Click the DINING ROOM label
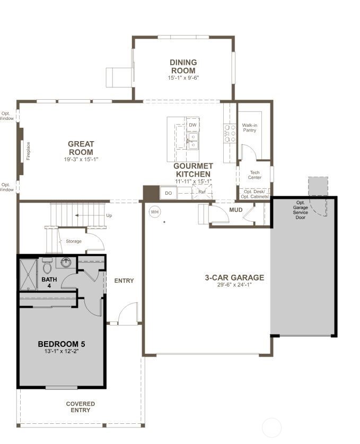[183, 66]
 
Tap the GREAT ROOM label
[81, 148]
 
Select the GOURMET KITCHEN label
[193, 170]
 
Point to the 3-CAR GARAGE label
[234, 277]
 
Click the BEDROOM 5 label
[62, 344]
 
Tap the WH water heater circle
[154, 212]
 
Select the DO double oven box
[168, 194]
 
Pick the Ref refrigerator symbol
[201, 192]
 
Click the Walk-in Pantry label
[250, 128]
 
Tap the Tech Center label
[254, 175]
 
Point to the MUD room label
[235, 210]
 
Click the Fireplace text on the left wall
[29, 151]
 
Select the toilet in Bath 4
[46, 264]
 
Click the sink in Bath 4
[66, 262]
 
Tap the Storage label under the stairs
[74, 241]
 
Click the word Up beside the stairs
[109, 216]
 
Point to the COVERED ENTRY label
[81, 407]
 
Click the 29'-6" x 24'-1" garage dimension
[234, 285]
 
